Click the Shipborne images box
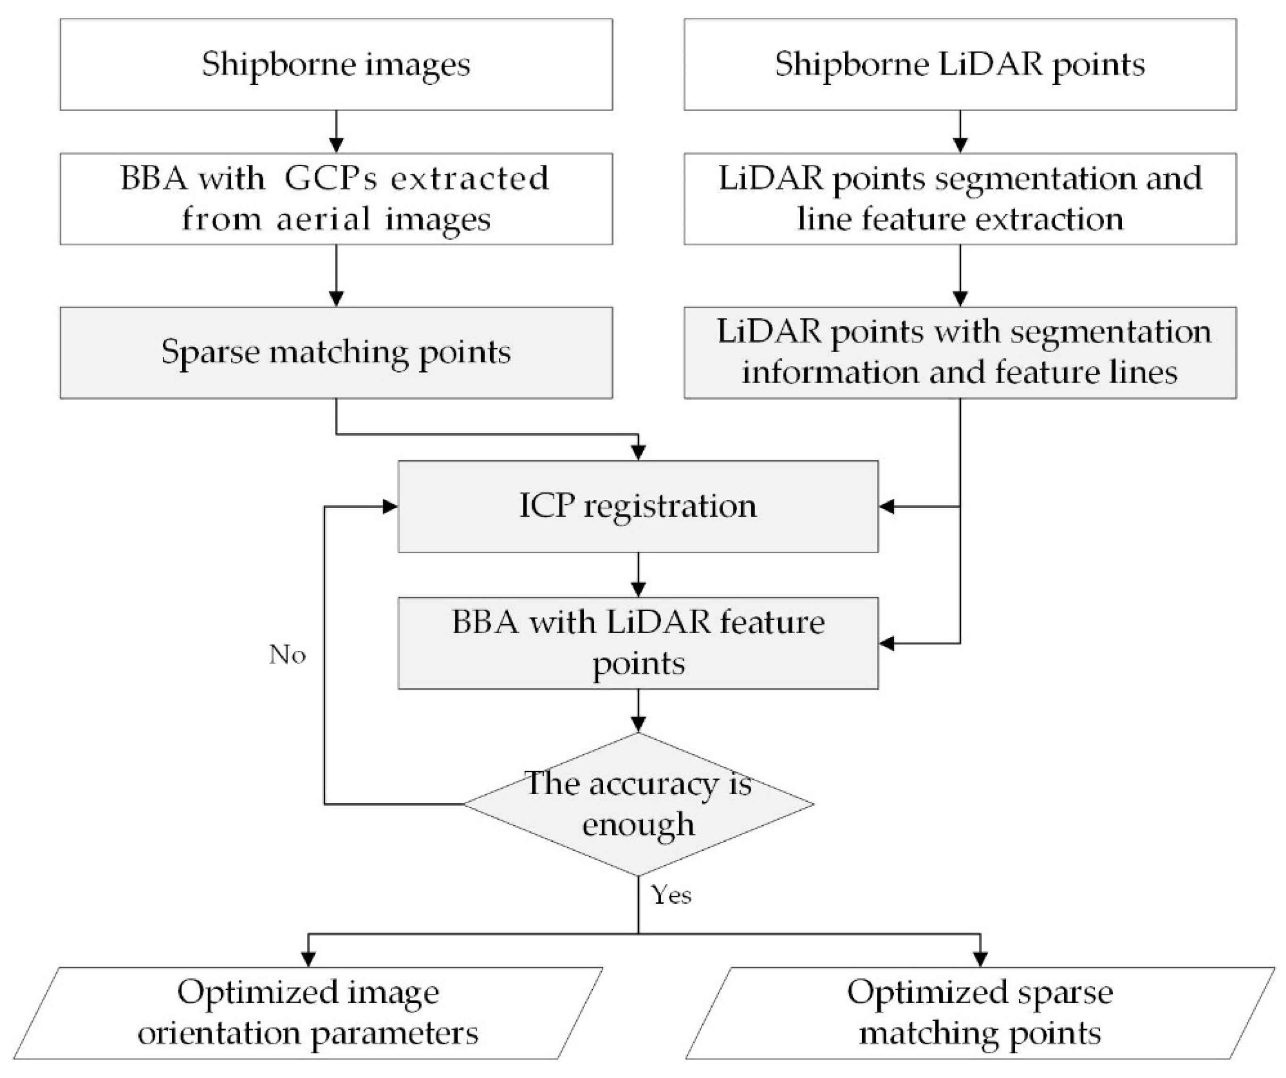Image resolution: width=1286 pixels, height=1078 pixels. [x=336, y=64]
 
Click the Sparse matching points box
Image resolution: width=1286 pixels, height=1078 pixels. [x=336, y=352]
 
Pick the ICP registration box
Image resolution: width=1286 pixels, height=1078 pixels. [x=638, y=506]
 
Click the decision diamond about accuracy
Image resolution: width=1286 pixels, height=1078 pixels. [x=638, y=804]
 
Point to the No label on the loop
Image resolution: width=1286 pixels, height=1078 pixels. [x=287, y=655]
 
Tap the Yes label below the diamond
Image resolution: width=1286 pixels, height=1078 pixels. [x=671, y=895]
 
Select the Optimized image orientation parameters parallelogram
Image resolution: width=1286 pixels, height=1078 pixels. [x=308, y=1012]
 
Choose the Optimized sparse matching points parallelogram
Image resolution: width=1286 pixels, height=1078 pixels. [x=980, y=1012]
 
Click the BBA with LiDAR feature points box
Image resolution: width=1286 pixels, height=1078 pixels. [x=638, y=643]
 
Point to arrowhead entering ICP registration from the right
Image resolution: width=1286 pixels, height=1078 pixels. [x=887, y=506]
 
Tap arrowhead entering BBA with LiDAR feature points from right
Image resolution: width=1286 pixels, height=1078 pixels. [x=887, y=643]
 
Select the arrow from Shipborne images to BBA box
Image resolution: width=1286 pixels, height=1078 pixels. [x=336, y=131]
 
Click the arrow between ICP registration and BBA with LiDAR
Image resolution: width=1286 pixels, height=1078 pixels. [x=638, y=574]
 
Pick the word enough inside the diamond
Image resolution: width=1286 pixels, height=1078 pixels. [x=638, y=824]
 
